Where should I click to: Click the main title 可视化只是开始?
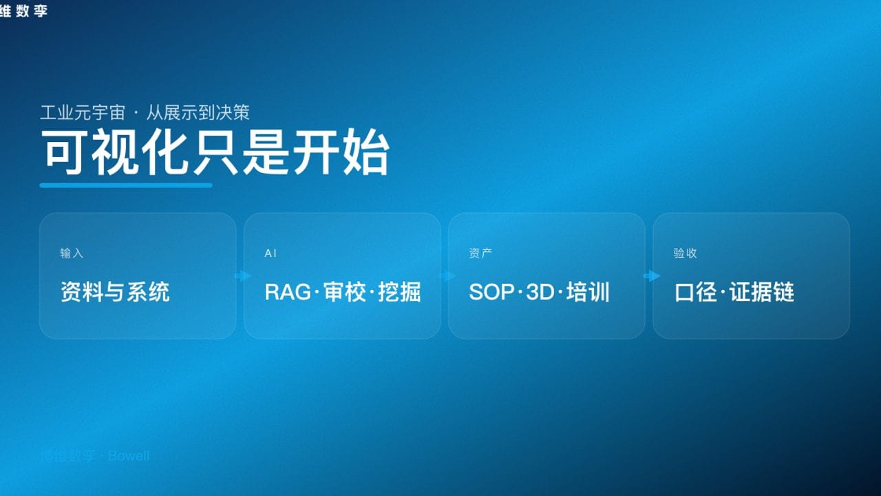coord(215,152)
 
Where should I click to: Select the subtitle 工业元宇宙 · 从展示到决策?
coord(145,112)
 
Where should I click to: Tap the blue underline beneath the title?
coord(126,185)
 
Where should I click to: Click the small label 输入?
coord(72,254)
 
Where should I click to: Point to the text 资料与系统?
coord(115,292)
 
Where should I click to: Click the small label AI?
coord(270,254)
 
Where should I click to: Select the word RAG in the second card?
coord(288,292)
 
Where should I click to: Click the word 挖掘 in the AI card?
coord(399,292)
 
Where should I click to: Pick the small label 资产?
coord(480,254)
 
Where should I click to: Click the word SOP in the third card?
coord(491,292)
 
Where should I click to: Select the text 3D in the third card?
coord(540,292)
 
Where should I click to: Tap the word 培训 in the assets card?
coord(588,292)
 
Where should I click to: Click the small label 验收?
coord(685,254)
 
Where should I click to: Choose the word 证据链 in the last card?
coord(762,292)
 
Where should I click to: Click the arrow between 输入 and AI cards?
coord(243,276)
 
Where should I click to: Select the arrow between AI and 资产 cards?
coord(448,276)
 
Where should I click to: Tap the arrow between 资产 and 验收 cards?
coord(652,276)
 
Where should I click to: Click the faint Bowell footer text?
coord(129,456)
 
